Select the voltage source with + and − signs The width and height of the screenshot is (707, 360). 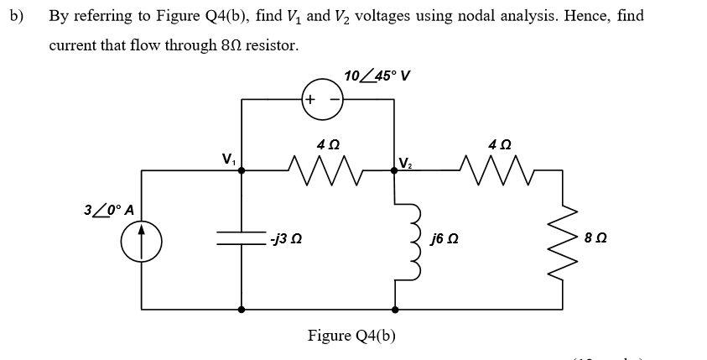[x=319, y=99]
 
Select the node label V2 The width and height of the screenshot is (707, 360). [x=406, y=161]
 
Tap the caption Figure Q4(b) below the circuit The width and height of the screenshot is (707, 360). [x=351, y=336]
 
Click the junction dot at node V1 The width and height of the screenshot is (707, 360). [x=242, y=170]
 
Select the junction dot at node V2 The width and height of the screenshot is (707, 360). [x=395, y=170]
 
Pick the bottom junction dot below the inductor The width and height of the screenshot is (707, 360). [x=395, y=309]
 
